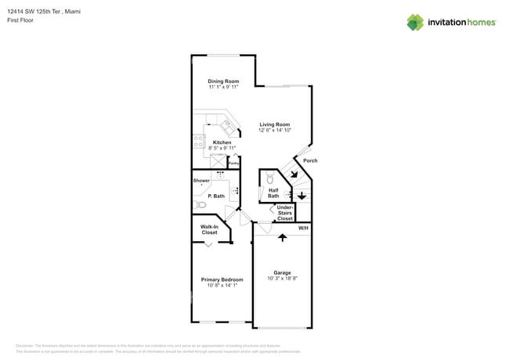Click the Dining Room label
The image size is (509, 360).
(x=223, y=81)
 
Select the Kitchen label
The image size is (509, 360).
(x=222, y=142)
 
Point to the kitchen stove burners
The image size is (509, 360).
(x=199, y=142)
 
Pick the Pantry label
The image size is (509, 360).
(x=233, y=164)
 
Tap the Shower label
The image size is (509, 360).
(x=201, y=181)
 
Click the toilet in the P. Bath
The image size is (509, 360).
(x=200, y=204)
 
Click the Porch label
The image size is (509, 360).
(x=310, y=160)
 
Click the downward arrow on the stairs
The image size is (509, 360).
(x=301, y=195)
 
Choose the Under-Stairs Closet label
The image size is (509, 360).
(x=285, y=213)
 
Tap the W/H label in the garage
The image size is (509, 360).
(x=303, y=228)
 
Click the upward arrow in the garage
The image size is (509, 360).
(x=282, y=237)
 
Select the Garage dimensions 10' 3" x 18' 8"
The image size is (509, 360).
(x=282, y=279)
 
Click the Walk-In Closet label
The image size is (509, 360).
(x=209, y=229)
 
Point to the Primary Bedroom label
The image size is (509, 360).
(x=222, y=279)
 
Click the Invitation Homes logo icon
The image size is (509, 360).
(x=415, y=23)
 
